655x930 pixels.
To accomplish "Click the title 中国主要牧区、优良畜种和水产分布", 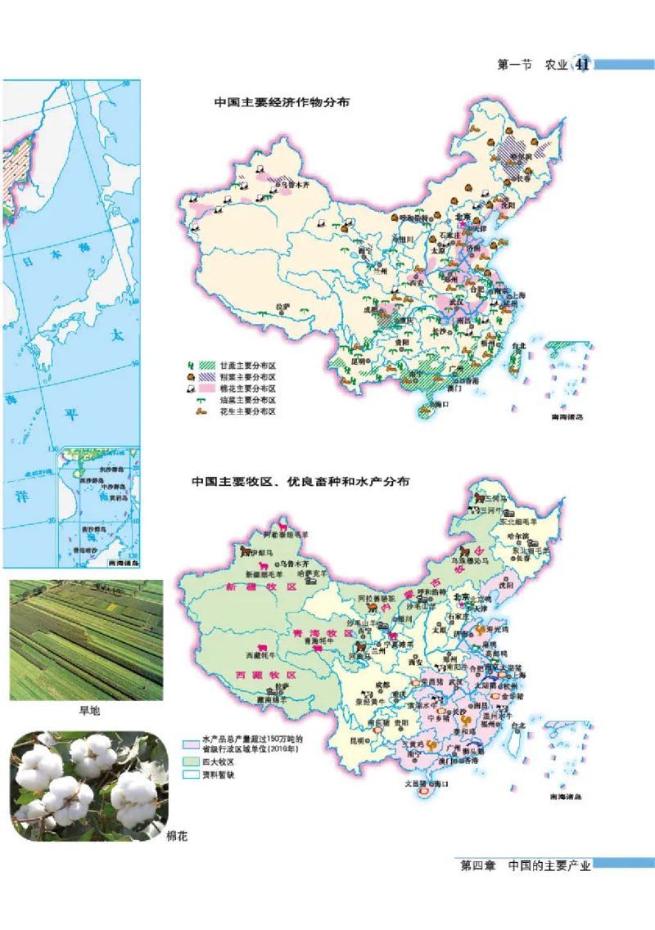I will click(x=300, y=482).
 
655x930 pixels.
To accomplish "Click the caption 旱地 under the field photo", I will click(x=88, y=712).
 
